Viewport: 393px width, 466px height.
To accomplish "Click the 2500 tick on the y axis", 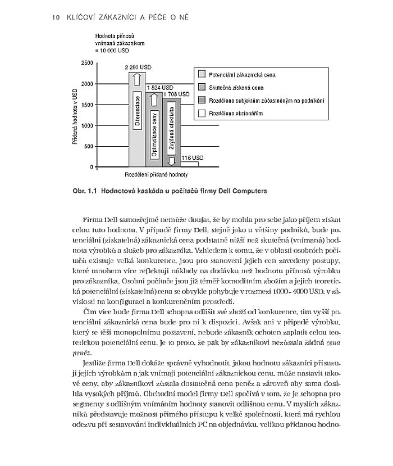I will [x=87, y=63].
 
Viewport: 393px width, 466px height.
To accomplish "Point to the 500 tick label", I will [x=89, y=146].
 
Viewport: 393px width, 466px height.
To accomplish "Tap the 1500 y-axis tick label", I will [x=87, y=105].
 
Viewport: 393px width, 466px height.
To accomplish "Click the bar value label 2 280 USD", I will [x=138, y=67].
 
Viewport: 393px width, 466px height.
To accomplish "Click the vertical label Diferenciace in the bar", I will [x=137, y=108].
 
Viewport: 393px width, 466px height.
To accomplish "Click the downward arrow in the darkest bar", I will [x=172, y=161].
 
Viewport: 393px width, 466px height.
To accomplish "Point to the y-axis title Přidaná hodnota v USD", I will [x=74, y=116].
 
